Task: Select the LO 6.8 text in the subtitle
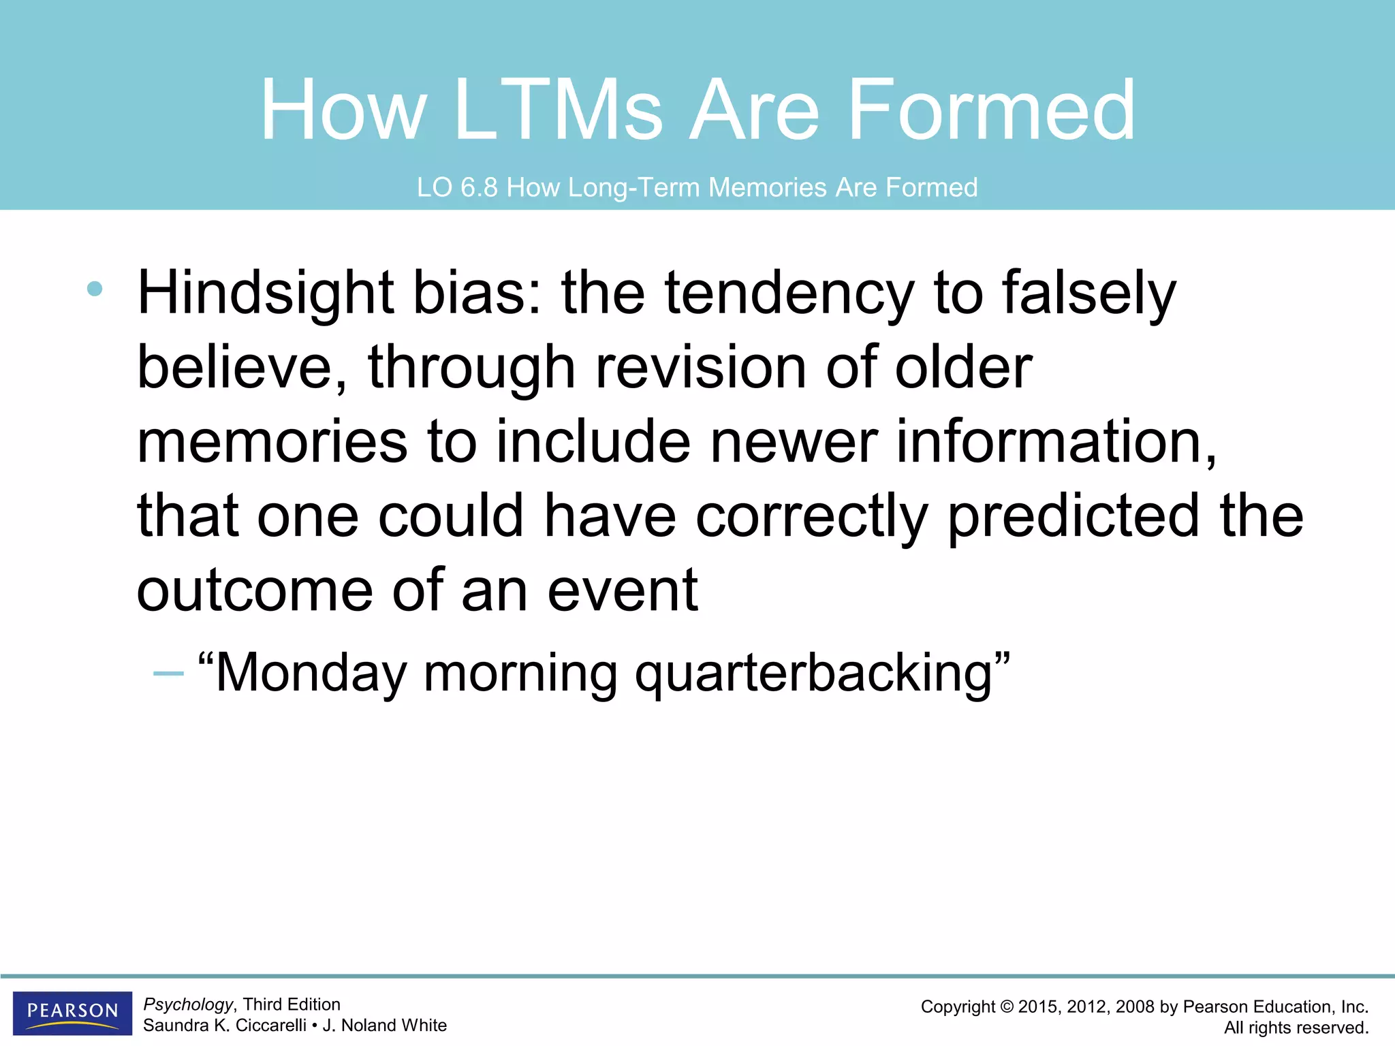point(457,187)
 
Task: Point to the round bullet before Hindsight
point(95,289)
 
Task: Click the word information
point(1056,442)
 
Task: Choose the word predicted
point(1073,516)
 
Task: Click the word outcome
point(255,590)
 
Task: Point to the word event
point(623,590)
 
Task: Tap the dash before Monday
point(168,673)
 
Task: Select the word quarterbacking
point(814,673)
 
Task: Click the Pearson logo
point(72,1013)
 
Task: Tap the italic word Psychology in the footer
point(188,1004)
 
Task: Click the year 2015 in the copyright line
point(1039,1007)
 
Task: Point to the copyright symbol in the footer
point(1007,1007)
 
